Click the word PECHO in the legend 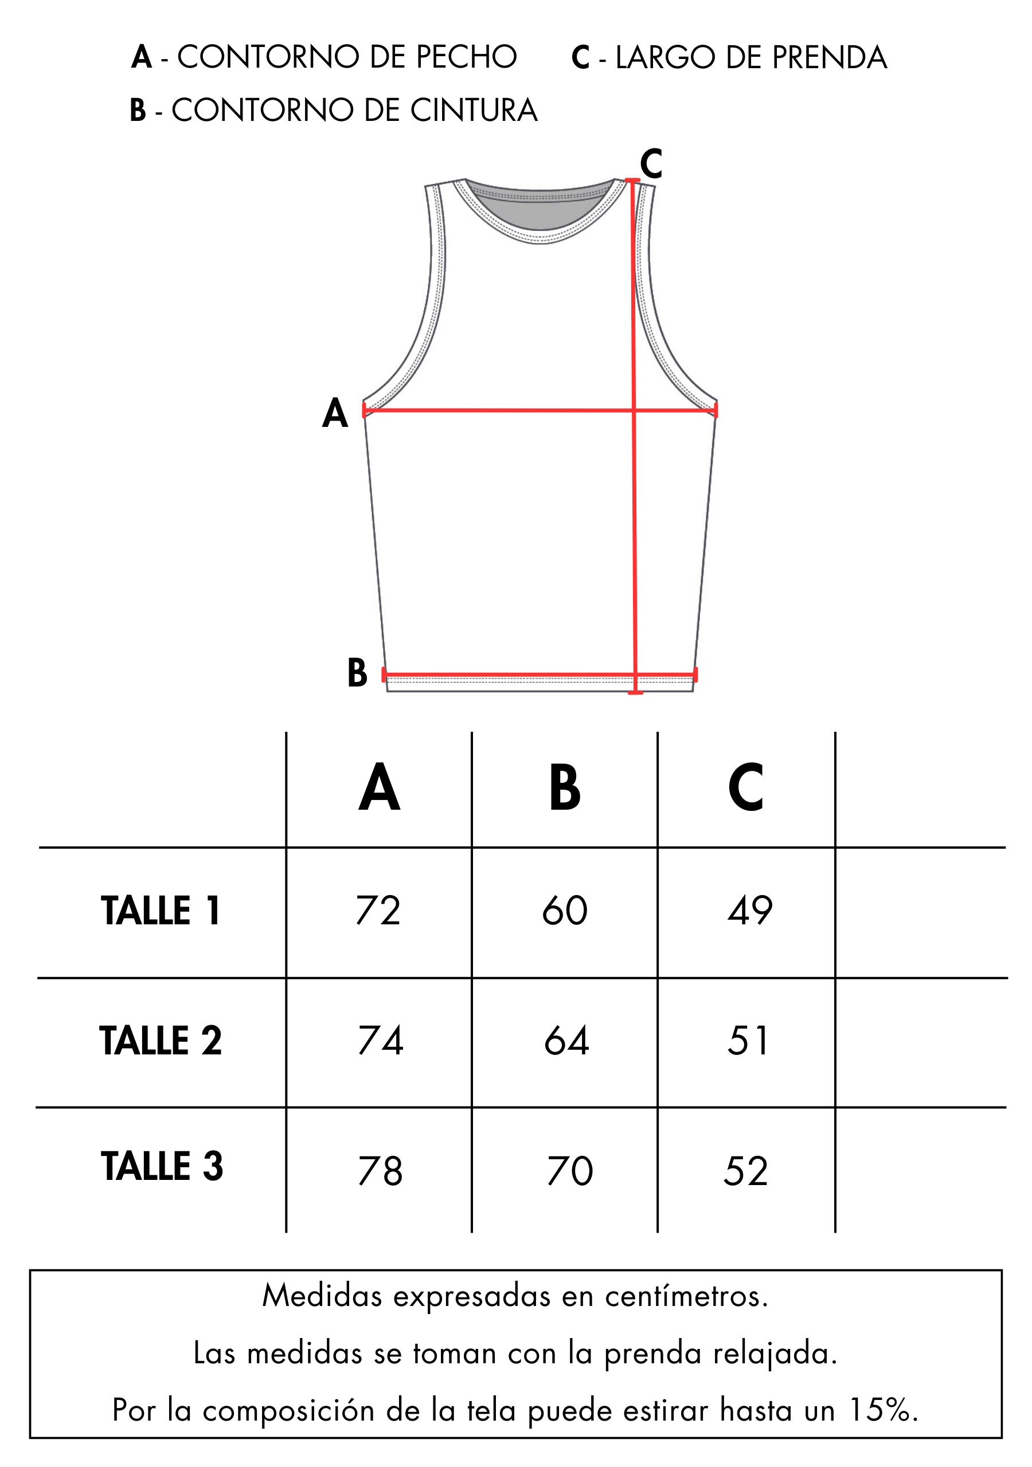click(466, 57)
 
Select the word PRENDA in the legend click(829, 57)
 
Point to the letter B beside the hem click(357, 673)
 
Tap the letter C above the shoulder click(651, 163)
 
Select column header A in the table click(379, 787)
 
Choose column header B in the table click(565, 787)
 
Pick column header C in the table click(745, 787)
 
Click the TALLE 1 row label click(161, 911)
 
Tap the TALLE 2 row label click(161, 1041)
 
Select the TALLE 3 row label click(162, 1166)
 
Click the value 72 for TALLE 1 click(378, 911)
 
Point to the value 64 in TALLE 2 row click(566, 1041)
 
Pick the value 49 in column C click(750, 911)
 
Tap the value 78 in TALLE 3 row click(381, 1171)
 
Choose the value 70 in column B click(570, 1171)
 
